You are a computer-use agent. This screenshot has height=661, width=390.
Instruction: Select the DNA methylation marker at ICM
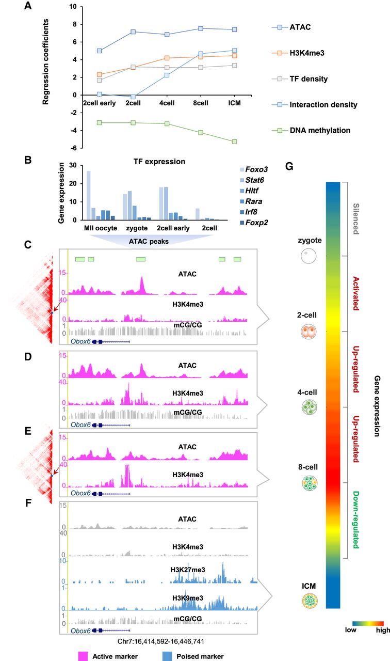[x=235, y=141]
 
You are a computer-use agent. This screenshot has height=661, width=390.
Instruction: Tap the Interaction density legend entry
[x=318, y=105]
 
